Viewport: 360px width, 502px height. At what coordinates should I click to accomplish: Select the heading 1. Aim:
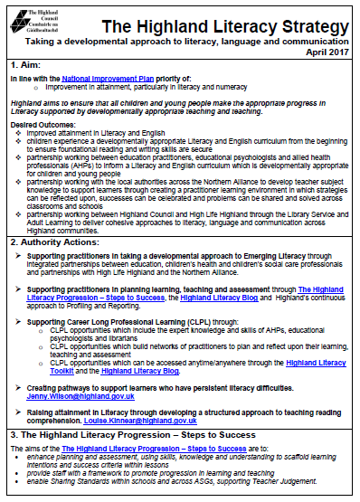tap(26, 65)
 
